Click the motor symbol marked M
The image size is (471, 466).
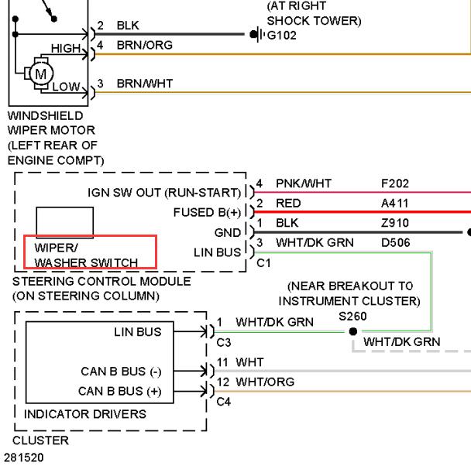point(41,74)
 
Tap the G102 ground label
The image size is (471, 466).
point(281,36)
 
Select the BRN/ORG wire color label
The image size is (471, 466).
point(145,46)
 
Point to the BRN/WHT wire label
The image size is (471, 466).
point(145,84)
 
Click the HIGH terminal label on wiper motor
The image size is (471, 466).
point(66,48)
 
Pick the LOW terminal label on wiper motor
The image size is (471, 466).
point(66,87)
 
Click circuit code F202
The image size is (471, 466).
point(395,183)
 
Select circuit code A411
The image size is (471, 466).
point(395,204)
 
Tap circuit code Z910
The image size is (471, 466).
point(395,223)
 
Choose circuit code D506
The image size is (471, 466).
point(395,242)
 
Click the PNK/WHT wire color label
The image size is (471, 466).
point(304,183)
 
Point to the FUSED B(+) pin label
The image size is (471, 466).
point(207,212)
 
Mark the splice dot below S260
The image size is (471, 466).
point(353,331)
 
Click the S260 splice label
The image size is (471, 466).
point(352,317)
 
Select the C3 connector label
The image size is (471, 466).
point(223,342)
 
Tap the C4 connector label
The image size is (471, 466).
point(223,402)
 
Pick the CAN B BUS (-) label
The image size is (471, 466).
point(121,372)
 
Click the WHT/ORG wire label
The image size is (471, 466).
point(265,382)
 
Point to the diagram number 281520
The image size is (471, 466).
point(24,457)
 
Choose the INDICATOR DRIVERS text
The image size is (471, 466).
point(85,414)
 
